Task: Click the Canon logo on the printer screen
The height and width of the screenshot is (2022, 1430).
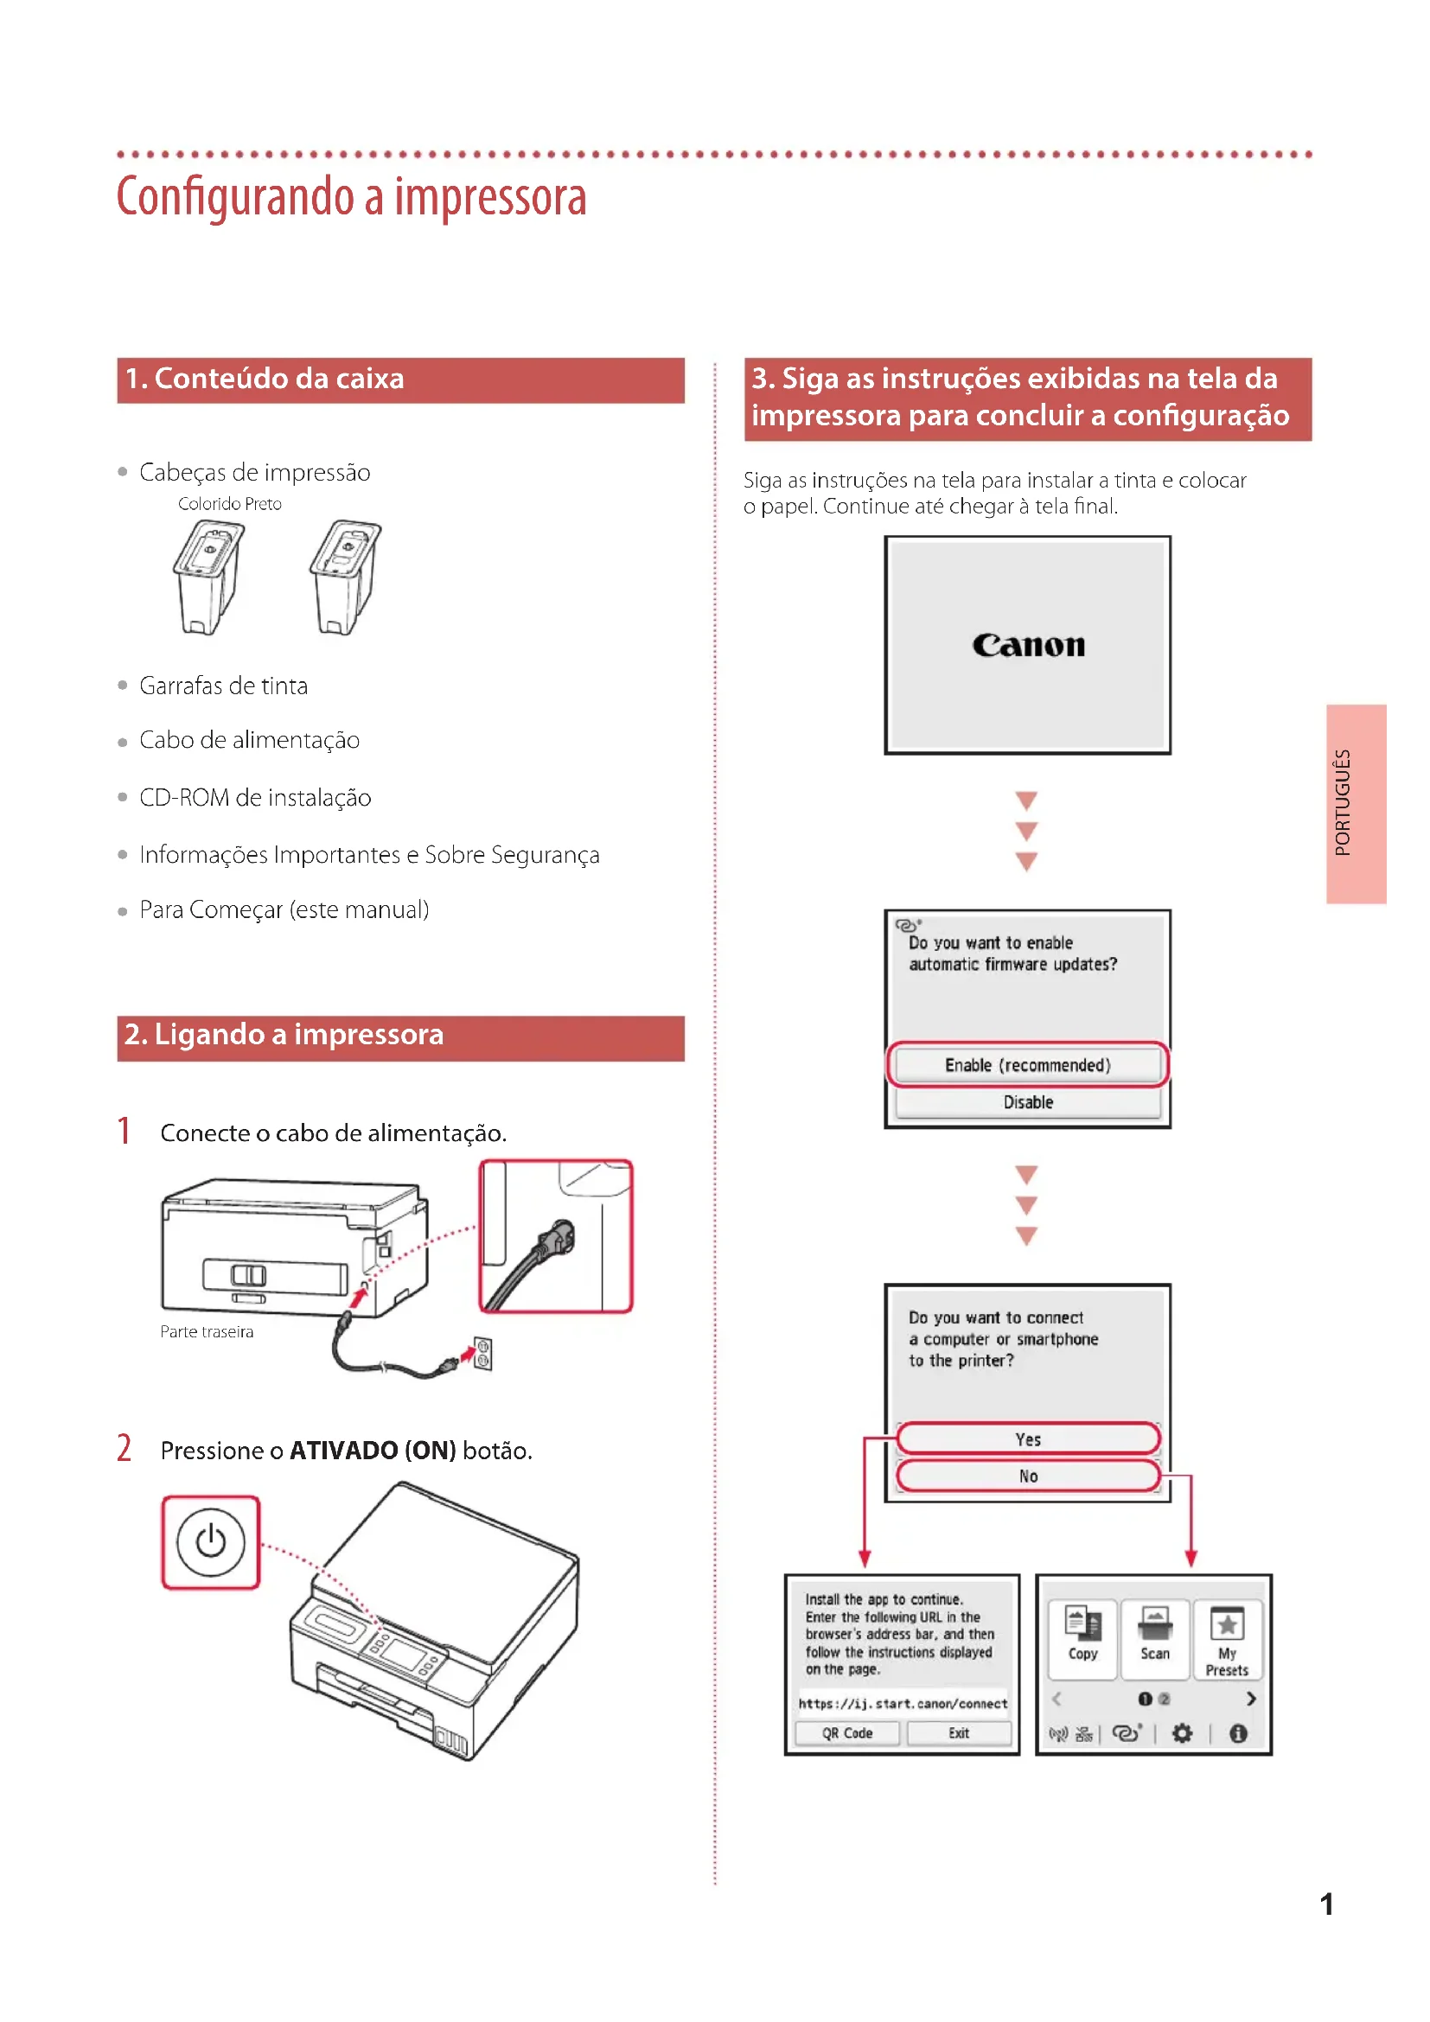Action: (1028, 646)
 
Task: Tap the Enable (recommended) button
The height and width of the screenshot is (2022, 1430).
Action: (1028, 1065)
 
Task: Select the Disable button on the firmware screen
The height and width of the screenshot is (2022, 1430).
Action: (1028, 1101)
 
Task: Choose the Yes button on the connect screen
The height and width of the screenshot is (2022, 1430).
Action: (1028, 1439)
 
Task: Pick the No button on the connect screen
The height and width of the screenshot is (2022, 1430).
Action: (1028, 1476)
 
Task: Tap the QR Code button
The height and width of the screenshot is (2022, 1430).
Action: (847, 1733)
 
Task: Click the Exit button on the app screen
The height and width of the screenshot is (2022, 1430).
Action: (958, 1733)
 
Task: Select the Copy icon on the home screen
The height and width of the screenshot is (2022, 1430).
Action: (1082, 1636)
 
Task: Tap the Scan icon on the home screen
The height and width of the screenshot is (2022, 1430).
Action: (1154, 1636)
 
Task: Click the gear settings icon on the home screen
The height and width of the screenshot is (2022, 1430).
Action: (1182, 1733)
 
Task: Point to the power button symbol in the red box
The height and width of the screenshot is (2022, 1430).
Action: (210, 1542)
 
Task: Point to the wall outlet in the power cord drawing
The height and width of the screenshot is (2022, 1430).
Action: (482, 1354)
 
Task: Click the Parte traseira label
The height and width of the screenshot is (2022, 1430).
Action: (207, 1331)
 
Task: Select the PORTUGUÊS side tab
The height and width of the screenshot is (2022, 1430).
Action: (1356, 803)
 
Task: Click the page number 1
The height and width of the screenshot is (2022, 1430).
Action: (1326, 1905)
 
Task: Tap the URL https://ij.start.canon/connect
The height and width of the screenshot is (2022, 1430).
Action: (903, 1703)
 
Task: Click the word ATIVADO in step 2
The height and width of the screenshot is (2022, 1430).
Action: (343, 1451)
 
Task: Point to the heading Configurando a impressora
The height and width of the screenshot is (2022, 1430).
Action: (351, 197)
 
